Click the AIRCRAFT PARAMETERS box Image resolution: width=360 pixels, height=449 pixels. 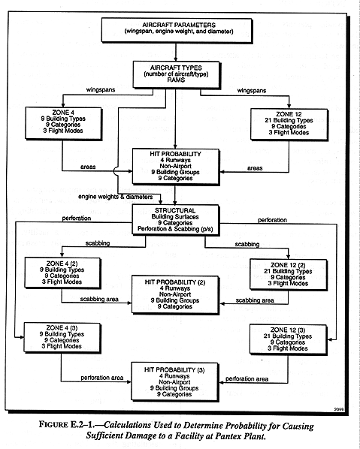click(x=177, y=30)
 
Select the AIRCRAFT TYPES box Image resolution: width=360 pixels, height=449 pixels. click(x=177, y=74)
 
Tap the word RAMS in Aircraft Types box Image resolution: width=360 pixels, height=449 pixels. click(x=176, y=80)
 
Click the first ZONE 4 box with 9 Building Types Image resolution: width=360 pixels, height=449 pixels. click(x=63, y=123)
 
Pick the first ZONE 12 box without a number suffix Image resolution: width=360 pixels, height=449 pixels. click(x=289, y=125)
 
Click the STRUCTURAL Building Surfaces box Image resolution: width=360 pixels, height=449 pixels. click(x=175, y=220)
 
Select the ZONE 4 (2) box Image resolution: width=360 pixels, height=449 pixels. click(x=62, y=273)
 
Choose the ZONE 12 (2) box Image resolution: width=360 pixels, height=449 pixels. click(x=289, y=274)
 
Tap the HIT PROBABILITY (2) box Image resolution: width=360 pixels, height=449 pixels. click(x=175, y=294)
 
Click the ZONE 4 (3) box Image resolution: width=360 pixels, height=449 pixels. click(x=62, y=337)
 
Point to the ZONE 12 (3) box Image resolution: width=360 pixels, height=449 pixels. click(x=288, y=339)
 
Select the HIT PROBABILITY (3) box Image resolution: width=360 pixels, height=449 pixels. click(x=175, y=382)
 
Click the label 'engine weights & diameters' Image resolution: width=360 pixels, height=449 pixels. click(x=116, y=197)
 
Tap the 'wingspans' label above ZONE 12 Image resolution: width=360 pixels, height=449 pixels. click(x=252, y=91)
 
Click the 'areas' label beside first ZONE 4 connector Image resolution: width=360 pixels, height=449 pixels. click(x=88, y=167)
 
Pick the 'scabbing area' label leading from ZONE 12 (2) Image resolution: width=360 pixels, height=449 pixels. click(x=255, y=300)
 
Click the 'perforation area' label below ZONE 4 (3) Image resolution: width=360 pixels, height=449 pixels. click(x=102, y=378)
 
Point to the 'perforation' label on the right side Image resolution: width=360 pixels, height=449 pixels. click(x=272, y=220)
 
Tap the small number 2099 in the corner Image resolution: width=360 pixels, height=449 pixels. click(x=339, y=409)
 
